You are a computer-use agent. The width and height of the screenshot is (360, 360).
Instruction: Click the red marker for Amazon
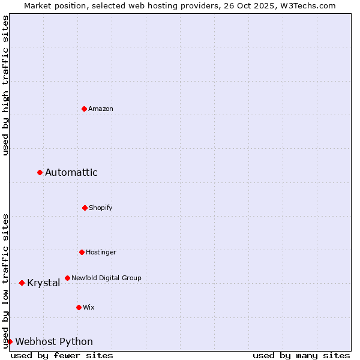point(85,109)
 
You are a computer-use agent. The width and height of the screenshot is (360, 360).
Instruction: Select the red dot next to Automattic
point(40,173)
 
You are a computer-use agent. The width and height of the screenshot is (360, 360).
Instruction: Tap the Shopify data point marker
point(85,208)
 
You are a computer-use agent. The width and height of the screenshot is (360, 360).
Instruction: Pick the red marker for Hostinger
point(82,252)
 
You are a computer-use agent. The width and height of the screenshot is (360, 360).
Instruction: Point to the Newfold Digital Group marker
point(67,278)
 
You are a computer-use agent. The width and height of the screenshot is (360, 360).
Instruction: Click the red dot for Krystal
point(22,283)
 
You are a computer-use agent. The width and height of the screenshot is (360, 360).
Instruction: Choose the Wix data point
point(79,307)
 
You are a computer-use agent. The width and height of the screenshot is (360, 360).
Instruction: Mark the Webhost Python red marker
point(10,341)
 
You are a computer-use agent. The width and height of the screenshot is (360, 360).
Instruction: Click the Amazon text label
point(101,109)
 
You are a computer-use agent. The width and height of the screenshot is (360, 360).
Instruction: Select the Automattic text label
point(71,173)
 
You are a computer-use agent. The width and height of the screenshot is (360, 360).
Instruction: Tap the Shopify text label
point(101,208)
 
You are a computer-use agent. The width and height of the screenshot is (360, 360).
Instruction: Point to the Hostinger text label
point(101,252)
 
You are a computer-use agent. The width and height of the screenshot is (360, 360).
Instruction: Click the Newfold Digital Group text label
point(106,278)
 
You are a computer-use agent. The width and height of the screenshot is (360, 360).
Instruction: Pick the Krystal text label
point(44,283)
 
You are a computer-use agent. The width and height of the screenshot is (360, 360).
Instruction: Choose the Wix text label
point(89,307)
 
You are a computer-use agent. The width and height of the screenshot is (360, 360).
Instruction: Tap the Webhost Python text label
point(54,341)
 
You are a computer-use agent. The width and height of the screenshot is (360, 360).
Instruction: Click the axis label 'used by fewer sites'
point(62,355)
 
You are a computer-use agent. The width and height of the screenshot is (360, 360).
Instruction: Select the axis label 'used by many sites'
point(301,355)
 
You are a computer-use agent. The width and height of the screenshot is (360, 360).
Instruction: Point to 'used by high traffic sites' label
point(5,85)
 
